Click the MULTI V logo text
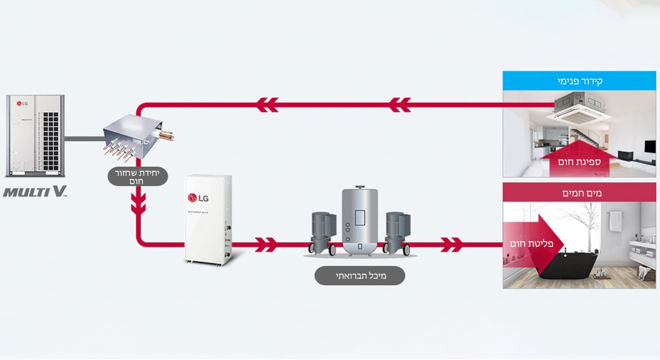[x=35, y=192]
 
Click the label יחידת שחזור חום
[x=137, y=177]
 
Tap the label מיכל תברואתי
[x=359, y=276]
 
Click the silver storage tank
[x=359, y=222]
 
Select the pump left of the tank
[x=321, y=232]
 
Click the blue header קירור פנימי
[x=579, y=81]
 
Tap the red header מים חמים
[x=579, y=193]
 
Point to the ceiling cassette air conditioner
[x=579, y=109]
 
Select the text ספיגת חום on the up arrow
[x=579, y=161]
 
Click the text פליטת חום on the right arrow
[x=531, y=243]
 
